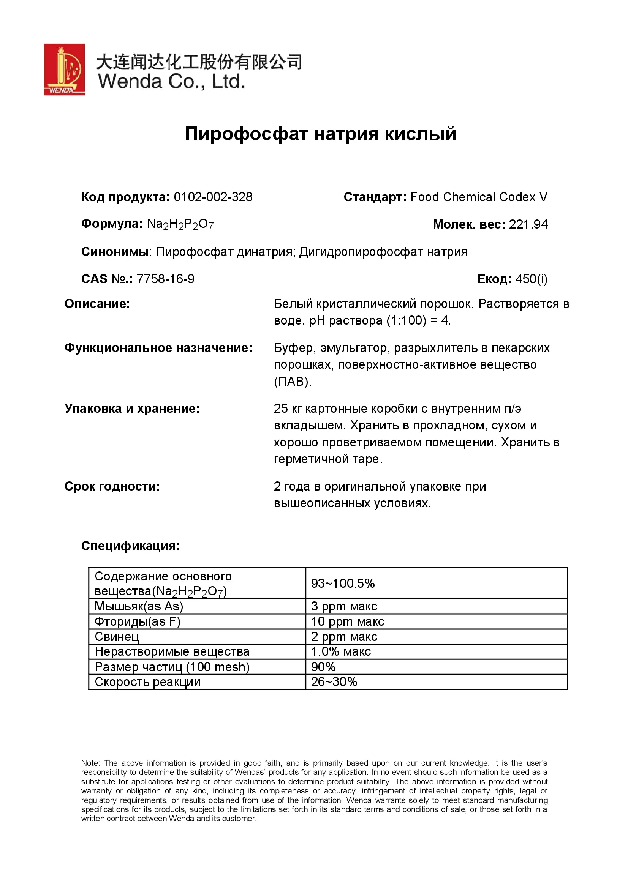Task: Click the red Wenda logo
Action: point(64,69)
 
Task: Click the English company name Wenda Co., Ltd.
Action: point(171,82)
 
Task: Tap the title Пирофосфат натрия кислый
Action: point(320,134)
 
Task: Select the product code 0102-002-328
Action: point(213,197)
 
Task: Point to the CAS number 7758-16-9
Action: point(166,279)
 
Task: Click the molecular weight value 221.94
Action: point(528,224)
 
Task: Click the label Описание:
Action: point(97,304)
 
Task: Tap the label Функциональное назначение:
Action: point(158,348)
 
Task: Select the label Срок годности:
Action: point(112,487)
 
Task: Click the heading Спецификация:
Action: point(130,546)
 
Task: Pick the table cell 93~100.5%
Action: point(343,583)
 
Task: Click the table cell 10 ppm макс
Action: point(348,621)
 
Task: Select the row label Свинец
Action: point(117,637)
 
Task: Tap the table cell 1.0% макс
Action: point(341,652)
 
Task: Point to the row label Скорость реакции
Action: point(147,682)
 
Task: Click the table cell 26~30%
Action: point(334,682)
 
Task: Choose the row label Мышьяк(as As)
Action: point(139,606)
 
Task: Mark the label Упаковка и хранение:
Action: point(132,409)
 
